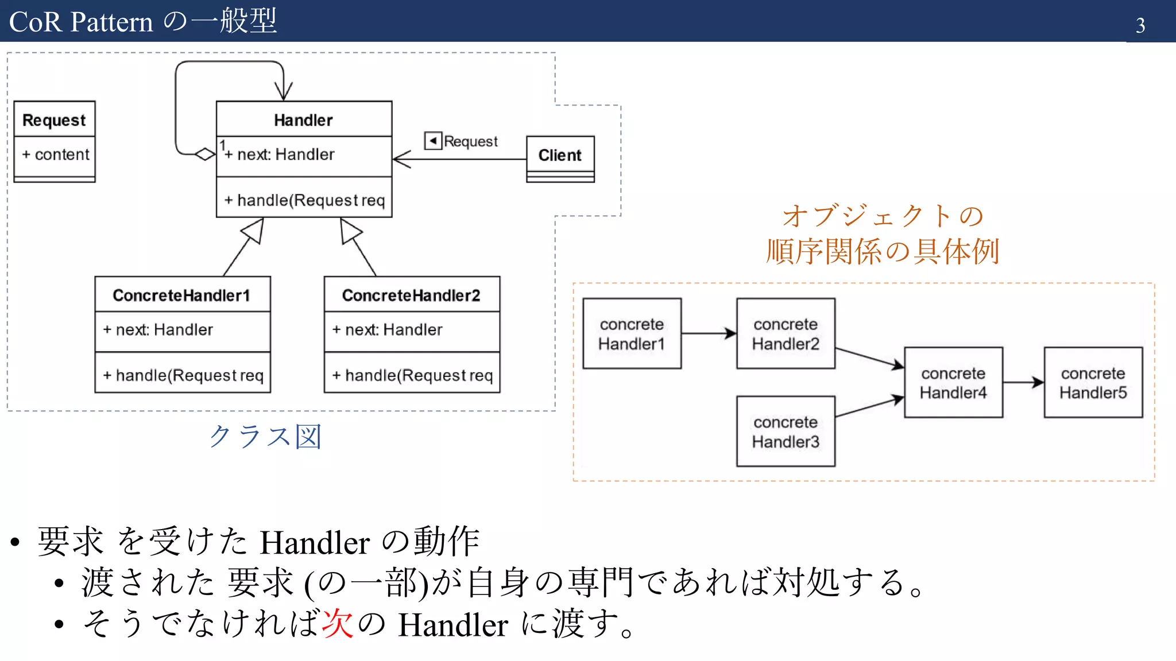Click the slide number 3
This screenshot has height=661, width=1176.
tap(1140, 25)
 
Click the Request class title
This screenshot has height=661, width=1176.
tap(54, 120)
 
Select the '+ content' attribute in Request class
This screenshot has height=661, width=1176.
tap(56, 154)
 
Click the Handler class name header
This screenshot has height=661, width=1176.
tap(303, 119)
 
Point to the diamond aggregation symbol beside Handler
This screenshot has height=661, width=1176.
tap(205, 154)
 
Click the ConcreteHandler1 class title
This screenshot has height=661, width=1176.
tap(181, 295)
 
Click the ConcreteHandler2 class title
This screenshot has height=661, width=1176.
tap(411, 295)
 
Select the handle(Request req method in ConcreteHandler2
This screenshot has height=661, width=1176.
tap(412, 375)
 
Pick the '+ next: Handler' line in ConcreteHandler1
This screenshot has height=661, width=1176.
tap(158, 330)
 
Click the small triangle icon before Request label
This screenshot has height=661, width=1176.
tap(433, 141)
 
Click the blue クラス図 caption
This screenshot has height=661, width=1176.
tap(265, 437)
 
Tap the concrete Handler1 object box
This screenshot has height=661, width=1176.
tap(632, 333)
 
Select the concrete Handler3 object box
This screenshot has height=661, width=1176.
tap(786, 431)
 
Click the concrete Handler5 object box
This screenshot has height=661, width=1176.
tap(1093, 382)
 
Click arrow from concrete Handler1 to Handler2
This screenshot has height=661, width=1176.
tap(709, 333)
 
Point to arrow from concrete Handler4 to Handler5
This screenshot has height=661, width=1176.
tap(1023, 382)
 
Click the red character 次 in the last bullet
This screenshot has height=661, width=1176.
tap(338, 623)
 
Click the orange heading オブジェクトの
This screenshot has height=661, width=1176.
tap(883, 216)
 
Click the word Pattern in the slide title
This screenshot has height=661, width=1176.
tap(112, 22)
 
